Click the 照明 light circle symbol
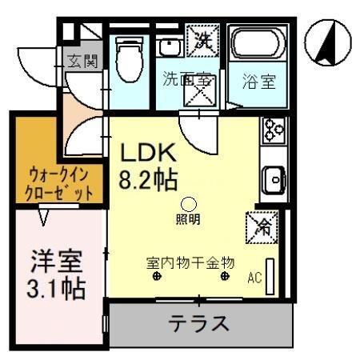tap(189, 203)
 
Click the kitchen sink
tap(274, 177)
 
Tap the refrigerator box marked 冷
tap(262, 225)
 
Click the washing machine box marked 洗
tap(198, 40)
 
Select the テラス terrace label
tap(198, 324)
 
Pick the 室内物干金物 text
tap(190, 262)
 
